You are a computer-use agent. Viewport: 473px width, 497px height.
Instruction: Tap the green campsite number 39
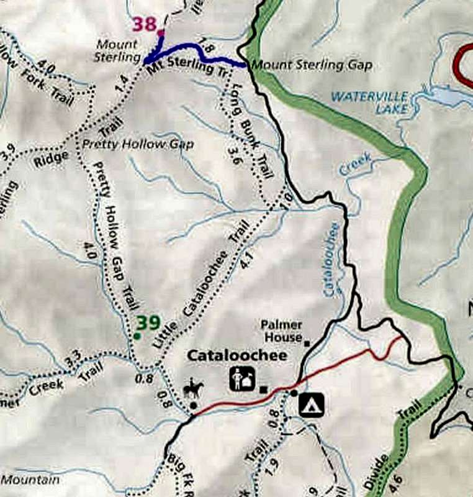pyautogui.click(x=149, y=323)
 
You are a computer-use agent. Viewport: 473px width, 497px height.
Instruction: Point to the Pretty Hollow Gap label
pyautogui.click(x=138, y=144)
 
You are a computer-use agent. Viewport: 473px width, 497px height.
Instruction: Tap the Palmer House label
pyautogui.click(x=281, y=331)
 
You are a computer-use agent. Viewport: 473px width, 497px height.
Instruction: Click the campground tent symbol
pyautogui.click(x=312, y=404)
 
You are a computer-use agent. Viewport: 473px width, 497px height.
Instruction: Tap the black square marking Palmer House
pyautogui.click(x=307, y=342)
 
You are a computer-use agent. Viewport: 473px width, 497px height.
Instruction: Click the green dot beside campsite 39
pyautogui.click(x=136, y=336)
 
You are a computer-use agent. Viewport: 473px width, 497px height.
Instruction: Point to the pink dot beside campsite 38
pyautogui.click(x=160, y=32)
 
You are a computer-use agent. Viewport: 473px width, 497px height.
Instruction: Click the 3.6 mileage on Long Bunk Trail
pyautogui.click(x=234, y=152)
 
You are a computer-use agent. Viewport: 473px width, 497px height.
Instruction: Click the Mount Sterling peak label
pyautogui.click(x=117, y=50)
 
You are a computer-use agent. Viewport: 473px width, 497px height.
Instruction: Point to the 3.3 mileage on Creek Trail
pyautogui.click(x=73, y=357)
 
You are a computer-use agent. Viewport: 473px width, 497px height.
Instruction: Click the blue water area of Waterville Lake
pyautogui.click(x=444, y=95)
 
